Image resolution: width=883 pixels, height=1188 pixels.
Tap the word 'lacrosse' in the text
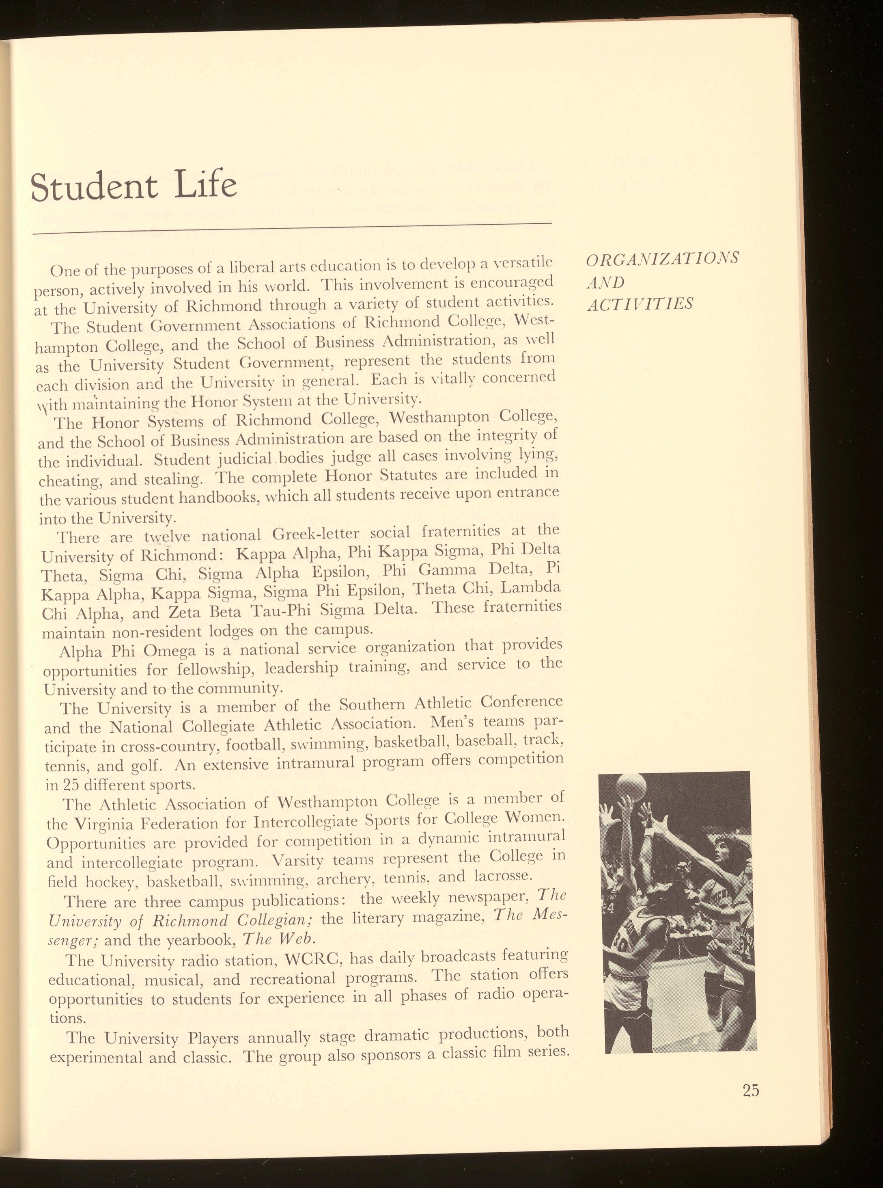pos(502,876)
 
